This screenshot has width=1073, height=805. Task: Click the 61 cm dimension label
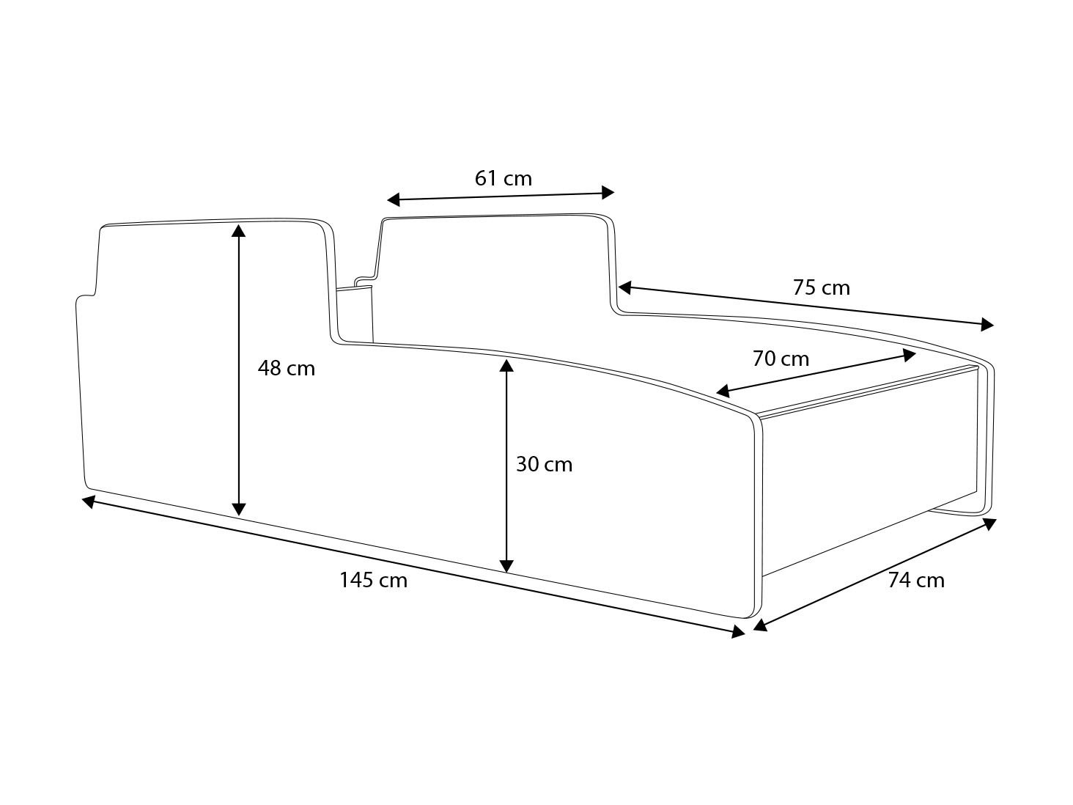pyautogui.click(x=503, y=178)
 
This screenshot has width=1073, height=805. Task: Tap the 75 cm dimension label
pyautogui.click(x=822, y=287)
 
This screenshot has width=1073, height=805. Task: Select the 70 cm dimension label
pyautogui.click(x=781, y=359)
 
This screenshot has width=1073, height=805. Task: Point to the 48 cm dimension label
pyautogui.click(x=287, y=368)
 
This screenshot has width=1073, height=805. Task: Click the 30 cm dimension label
pyautogui.click(x=544, y=464)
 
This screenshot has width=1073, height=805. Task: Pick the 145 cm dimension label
pyautogui.click(x=374, y=580)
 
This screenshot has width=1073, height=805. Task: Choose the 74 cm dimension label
pyautogui.click(x=916, y=580)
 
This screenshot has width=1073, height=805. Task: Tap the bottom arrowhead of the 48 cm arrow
pyautogui.click(x=238, y=510)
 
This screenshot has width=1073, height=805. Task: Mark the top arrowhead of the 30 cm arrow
pyautogui.click(x=506, y=366)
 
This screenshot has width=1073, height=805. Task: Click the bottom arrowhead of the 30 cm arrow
pyautogui.click(x=506, y=566)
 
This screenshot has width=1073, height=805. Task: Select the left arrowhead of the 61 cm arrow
pyautogui.click(x=394, y=199)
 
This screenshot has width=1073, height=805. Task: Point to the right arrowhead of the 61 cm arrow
pyautogui.click(x=608, y=193)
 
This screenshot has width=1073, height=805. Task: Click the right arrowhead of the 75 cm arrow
pyautogui.click(x=987, y=325)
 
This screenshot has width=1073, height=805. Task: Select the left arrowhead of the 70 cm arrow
pyautogui.click(x=723, y=391)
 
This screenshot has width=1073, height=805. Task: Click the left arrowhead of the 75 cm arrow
pyautogui.click(x=624, y=287)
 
